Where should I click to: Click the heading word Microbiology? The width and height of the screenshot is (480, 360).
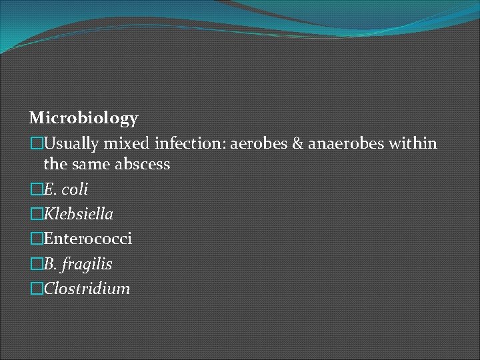point(84,119)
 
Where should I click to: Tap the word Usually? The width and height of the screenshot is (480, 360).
point(71,143)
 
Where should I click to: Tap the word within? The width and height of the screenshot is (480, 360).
point(410,143)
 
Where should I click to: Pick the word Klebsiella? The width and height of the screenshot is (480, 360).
point(78,215)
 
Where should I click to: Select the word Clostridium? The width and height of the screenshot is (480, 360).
point(87,289)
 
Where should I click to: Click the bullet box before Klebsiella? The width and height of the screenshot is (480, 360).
point(36,215)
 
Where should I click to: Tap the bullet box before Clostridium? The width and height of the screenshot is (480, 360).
point(36,289)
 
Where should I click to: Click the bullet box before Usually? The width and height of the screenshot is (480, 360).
point(36,143)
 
